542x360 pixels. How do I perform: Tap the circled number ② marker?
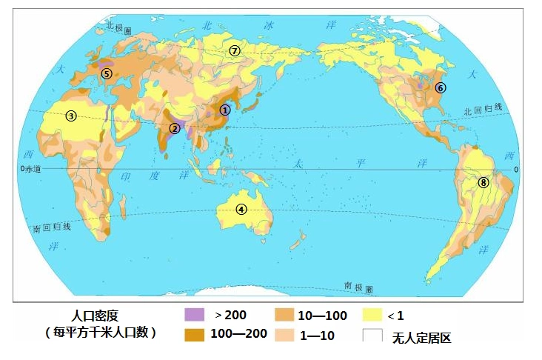pos(174,128)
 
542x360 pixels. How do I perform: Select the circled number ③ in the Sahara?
pos(70,116)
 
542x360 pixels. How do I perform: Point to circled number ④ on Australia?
pos(241,209)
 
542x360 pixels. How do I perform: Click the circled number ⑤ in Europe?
pos(107,73)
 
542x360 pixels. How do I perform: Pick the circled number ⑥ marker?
pos(441,87)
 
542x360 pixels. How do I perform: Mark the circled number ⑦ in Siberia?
pos(235,50)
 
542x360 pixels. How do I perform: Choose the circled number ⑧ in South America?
pos(484,182)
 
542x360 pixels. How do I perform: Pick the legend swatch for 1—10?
pos(285,334)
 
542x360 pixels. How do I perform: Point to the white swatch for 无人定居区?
pos(373,335)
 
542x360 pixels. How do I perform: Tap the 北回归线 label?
pos(482,109)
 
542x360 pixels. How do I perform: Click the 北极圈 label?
pos(118,27)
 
